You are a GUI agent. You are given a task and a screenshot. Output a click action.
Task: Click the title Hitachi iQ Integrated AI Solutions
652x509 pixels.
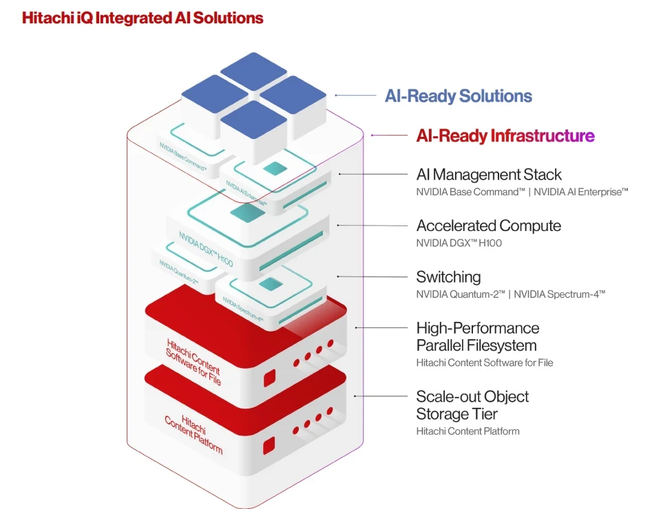click(x=143, y=18)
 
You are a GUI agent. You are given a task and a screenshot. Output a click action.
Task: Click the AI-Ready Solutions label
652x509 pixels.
click(x=458, y=96)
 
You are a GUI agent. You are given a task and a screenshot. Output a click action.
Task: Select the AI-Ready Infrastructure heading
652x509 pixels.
click(x=505, y=136)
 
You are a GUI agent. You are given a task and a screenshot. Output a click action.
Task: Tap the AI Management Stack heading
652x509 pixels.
click(x=489, y=175)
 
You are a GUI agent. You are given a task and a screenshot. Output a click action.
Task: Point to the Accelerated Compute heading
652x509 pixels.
click(x=488, y=226)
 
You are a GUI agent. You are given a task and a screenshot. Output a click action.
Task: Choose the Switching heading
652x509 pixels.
click(x=448, y=277)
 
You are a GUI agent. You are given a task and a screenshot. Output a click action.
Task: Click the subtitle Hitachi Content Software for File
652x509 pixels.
click(x=484, y=362)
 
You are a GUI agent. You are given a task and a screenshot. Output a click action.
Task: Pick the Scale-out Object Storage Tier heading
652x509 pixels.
click(x=472, y=405)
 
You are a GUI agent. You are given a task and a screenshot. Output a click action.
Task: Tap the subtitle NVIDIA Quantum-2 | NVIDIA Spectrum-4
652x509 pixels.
click(x=510, y=294)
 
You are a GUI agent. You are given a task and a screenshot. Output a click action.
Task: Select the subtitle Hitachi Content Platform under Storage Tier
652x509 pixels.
click(x=467, y=431)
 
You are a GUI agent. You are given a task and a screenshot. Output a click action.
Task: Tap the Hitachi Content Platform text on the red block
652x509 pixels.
click(x=193, y=434)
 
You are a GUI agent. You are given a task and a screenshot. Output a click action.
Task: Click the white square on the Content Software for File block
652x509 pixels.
click(x=269, y=378)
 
